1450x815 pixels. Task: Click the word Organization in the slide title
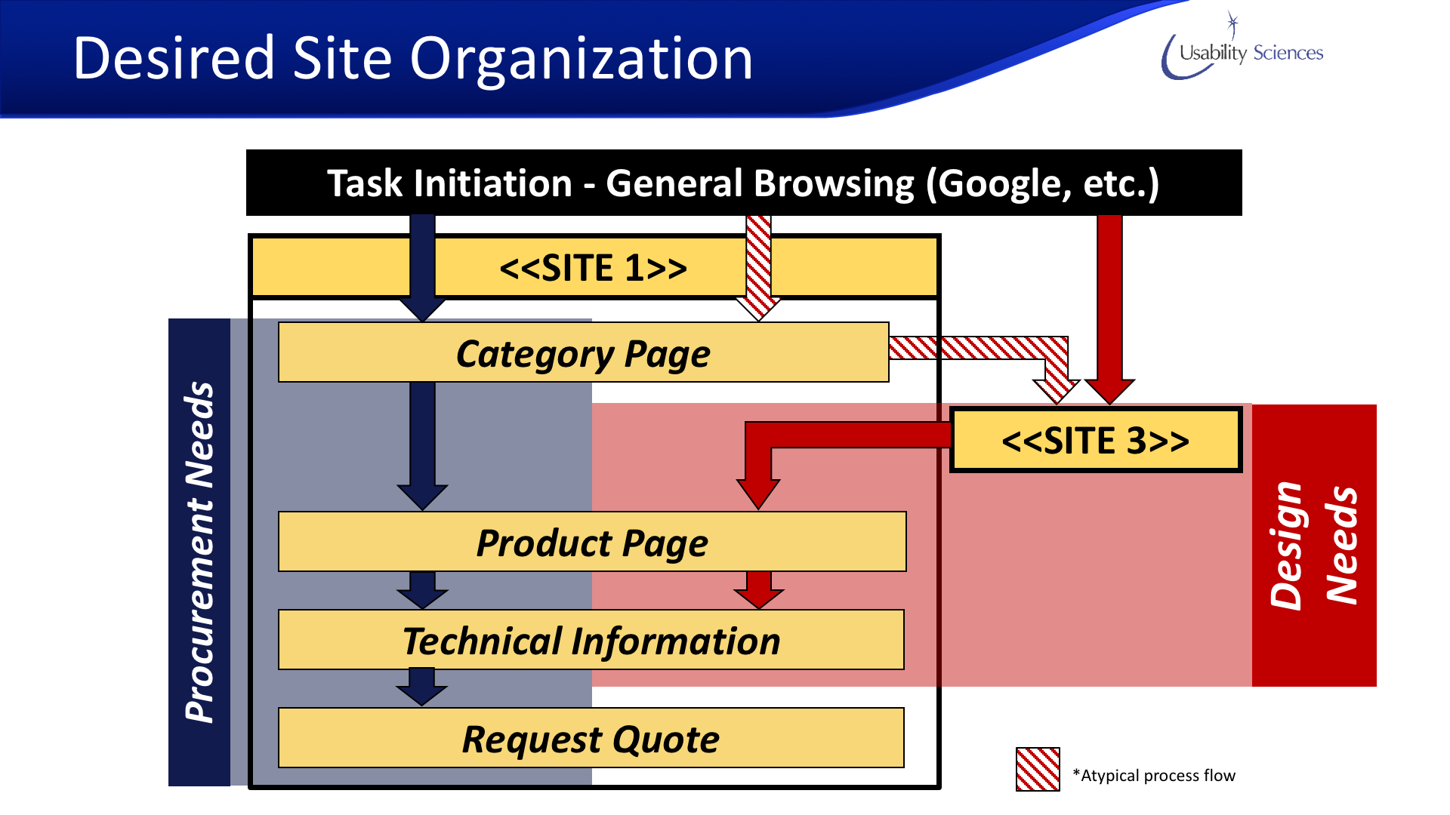coord(581,59)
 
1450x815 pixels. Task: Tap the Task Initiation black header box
coord(743,183)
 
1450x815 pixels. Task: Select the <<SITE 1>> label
coord(593,268)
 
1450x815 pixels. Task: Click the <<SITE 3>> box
coord(1095,440)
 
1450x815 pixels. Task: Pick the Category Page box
coord(583,352)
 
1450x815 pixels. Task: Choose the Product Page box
coord(592,542)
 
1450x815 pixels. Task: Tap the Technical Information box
coord(591,640)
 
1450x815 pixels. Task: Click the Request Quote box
coord(591,738)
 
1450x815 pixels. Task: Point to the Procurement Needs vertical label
coord(199,552)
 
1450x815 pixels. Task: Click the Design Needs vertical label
coord(1314,545)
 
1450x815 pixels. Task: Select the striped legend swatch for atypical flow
coord(1038,769)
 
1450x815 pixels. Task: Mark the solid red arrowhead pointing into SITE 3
coord(1109,391)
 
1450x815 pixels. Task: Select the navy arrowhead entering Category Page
coord(422,309)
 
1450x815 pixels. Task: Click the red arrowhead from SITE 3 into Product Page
coord(758,494)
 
